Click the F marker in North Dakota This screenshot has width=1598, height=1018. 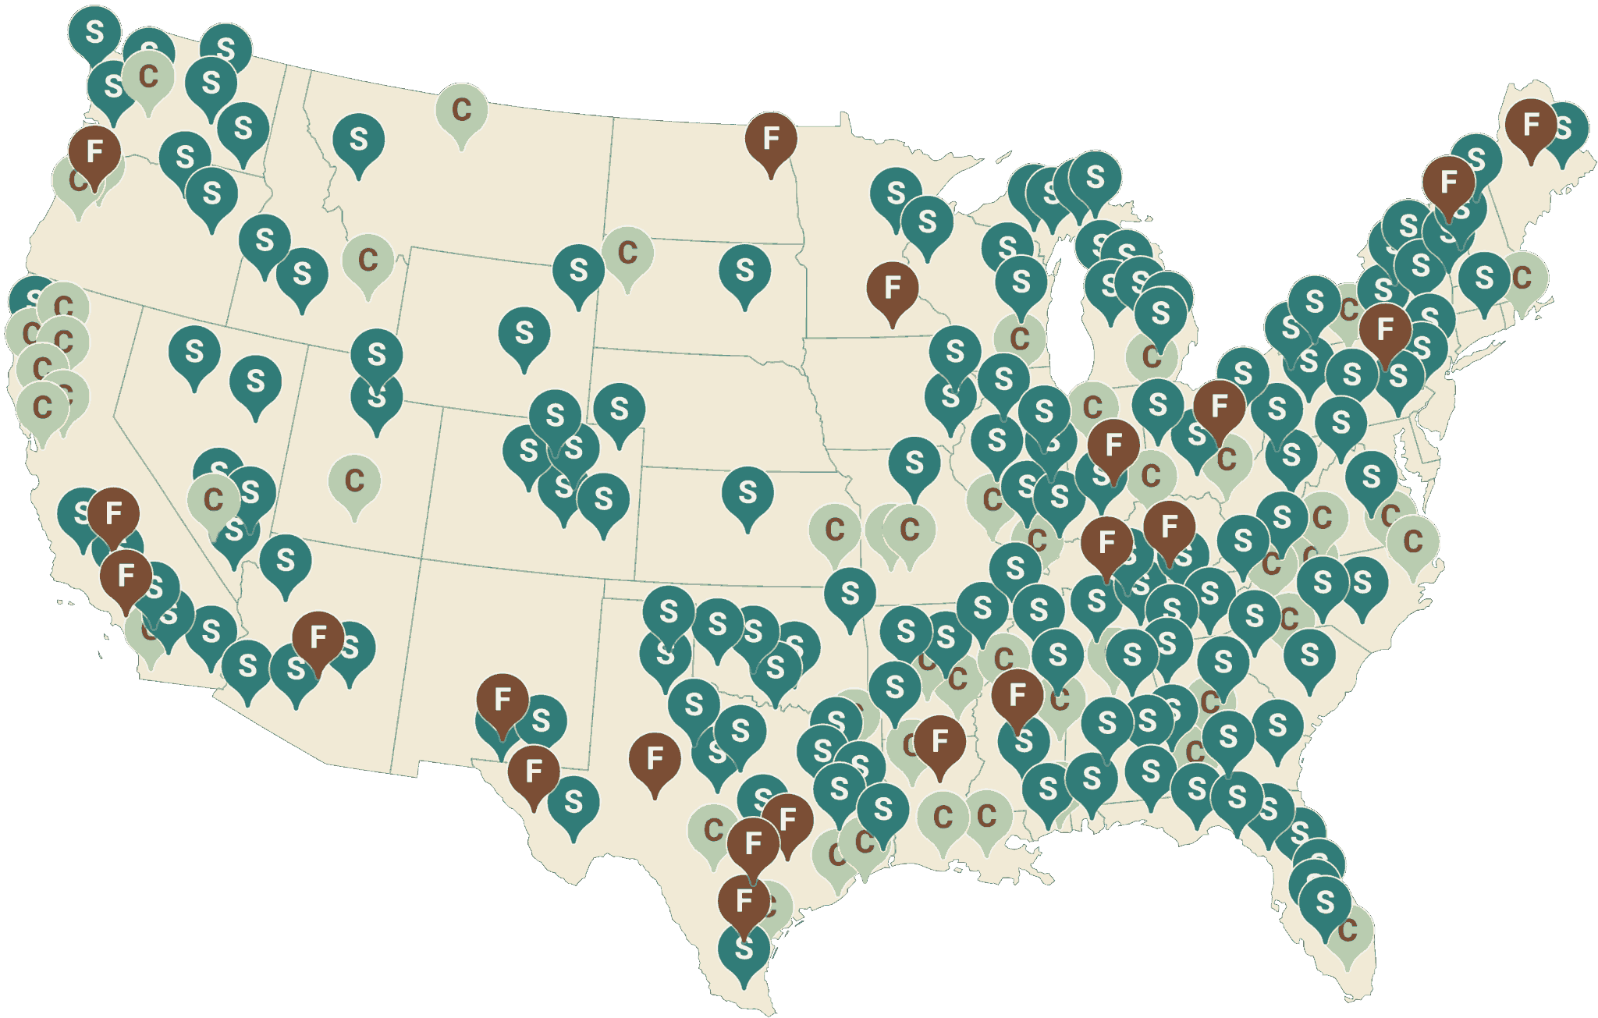tap(771, 139)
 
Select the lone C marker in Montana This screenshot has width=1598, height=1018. tap(461, 110)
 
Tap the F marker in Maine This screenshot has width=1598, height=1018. tap(1530, 124)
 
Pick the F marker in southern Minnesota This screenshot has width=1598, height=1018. tap(893, 289)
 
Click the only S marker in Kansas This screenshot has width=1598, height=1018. tap(748, 492)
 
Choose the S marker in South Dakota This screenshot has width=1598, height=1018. tap(744, 271)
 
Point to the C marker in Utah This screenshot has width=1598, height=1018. tap(354, 481)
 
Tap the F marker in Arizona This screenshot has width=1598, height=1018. tap(318, 638)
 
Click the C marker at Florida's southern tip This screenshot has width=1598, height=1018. tap(1348, 931)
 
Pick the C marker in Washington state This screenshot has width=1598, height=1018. tap(147, 76)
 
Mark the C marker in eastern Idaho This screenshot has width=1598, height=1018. tap(368, 260)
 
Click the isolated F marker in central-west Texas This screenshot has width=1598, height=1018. tap(655, 758)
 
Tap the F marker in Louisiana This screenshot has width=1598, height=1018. tap(939, 741)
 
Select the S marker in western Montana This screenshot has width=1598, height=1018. tap(358, 140)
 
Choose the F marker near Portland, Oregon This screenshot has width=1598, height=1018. tap(94, 151)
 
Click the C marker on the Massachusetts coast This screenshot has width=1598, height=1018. tap(1522, 277)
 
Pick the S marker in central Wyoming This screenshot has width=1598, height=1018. tap(524, 333)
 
